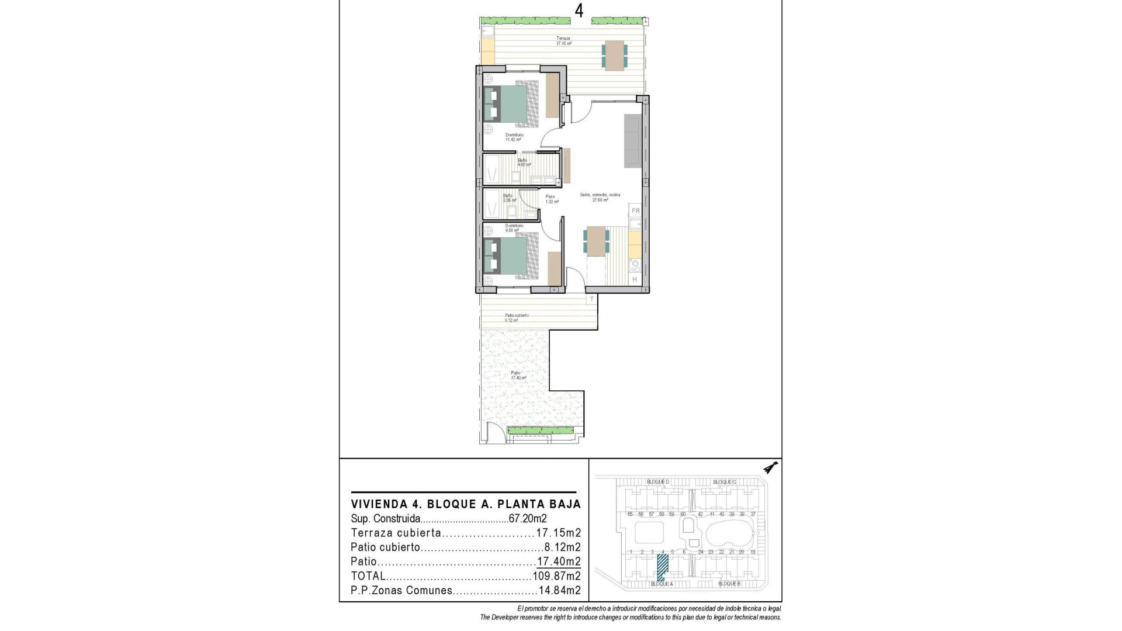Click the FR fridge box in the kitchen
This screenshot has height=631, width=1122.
pyautogui.click(x=635, y=210)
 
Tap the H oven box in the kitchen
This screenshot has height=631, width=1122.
pyautogui.click(x=635, y=279)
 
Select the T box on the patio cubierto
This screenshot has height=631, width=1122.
pyautogui.click(x=591, y=299)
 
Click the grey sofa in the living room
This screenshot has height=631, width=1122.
pyautogui.click(x=633, y=140)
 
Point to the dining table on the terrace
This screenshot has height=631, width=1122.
pyautogui.click(x=614, y=55)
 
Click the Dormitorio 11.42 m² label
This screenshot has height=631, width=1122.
pyautogui.click(x=514, y=137)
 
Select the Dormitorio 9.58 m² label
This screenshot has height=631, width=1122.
pyautogui.click(x=514, y=228)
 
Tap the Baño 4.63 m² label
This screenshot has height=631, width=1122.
pyautogui.click(x=522, y=162)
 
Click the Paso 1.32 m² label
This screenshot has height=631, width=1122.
pyautogui.click(x=552, y=199)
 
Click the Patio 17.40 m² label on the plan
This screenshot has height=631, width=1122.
pyautogui.click(x=515, y=375)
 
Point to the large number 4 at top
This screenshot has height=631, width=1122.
pyautogui.click(x=579, y=12)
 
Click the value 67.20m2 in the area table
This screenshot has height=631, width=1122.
pyautogui.click(x=528, y=518)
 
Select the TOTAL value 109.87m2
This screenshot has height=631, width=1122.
pyautogui.click(x=556, y=576)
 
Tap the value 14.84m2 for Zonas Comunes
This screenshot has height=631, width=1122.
pyautogui.click(x=559, y=591)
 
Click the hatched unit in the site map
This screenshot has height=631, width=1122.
pyautogui.click(x=663, y=567)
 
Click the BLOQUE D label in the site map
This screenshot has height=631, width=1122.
pyautogui.click(x=657, y=481)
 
